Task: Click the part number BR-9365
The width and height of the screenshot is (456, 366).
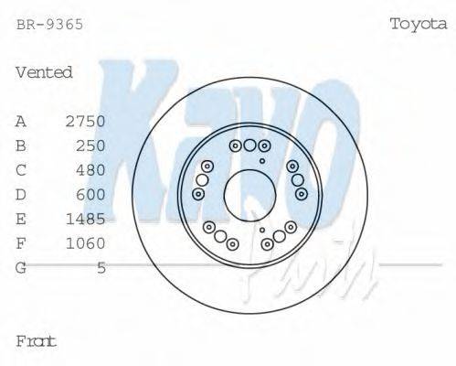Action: [x=50, y=25]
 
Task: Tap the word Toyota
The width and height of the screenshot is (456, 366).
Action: [x=418, y=24]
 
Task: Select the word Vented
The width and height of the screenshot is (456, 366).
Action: [x=44, y=72]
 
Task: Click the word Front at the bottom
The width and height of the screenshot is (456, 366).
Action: [x=37, y=341]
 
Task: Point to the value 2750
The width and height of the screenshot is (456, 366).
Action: [x=86, y=121]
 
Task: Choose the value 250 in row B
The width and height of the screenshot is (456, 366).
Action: [x=91, y=145]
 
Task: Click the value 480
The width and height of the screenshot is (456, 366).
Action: [x=91, y=170]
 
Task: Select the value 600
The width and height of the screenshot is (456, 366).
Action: [x=91, y=194]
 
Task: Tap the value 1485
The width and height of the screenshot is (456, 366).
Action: [x=86, y=219]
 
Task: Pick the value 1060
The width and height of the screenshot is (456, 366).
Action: [x=86, y=243]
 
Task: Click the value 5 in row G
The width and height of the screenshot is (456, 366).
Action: [x=101, y=267]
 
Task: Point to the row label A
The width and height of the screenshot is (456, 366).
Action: [x=21, y=121]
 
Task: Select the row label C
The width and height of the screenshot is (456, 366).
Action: [x=21, y=170]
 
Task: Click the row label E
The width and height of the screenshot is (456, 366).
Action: [x=21, y=219]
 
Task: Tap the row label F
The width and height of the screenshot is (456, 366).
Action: [x=21, y=243]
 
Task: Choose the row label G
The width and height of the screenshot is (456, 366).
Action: [x=21, y=267]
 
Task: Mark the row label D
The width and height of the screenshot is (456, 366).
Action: [x=21, y=194]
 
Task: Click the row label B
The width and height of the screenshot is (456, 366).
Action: [x=21, y=145]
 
